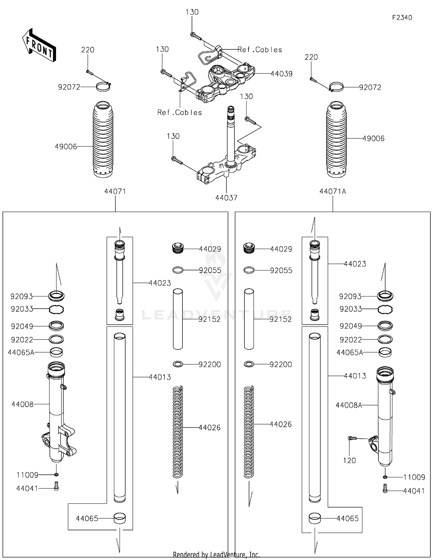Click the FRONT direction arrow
click(x=39, y=45)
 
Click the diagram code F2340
click(x=402, y=18)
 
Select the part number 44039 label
click(x=281, y=74)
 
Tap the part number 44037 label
click(x=226, y=198)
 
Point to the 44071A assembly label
click(x=333, y=191)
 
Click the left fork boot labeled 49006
click(x=103, y=139)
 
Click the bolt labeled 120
click(x=352, y=438)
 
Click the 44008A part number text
click(x=349, y=405)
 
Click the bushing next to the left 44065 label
click(x=120, y=518)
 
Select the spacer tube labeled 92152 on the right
click(x=249, y=319)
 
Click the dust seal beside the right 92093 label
click(x=385, y=296)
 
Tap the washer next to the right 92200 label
click(x=249, y=364)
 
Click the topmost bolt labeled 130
click(x=196, y=36)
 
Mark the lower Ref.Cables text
click(x=180, y=112)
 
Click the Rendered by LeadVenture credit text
click(x=216, y=555)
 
